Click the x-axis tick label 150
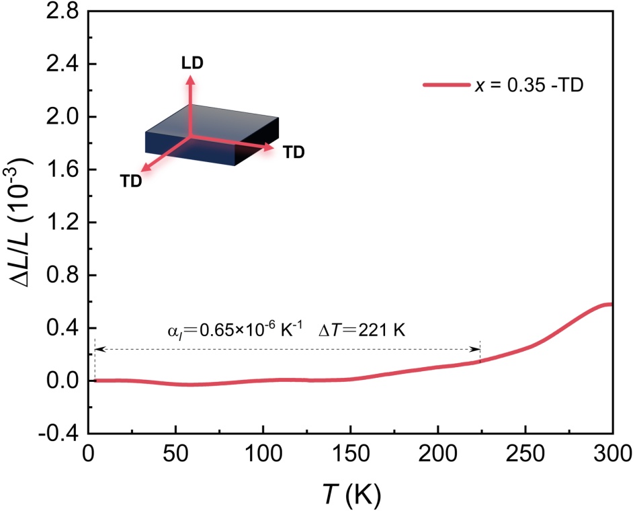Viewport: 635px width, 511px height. [350, 453]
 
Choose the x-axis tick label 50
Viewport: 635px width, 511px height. [175, 453]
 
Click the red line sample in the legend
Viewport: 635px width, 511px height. [446, 85]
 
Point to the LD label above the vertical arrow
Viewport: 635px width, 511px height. [192, 64]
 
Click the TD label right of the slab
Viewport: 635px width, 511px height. [294, 152]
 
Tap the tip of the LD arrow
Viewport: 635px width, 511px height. [191, 77]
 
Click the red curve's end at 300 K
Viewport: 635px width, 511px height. [611, 305]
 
